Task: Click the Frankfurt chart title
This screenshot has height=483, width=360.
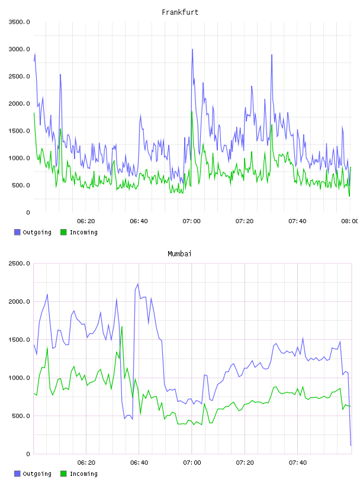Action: point(180,12)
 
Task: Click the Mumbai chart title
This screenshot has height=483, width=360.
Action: point(179,254)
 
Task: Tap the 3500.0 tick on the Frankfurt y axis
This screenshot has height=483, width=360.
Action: point(19,22)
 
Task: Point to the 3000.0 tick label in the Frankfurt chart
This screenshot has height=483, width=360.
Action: point(19,49)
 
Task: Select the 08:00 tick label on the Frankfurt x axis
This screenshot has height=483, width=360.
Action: point(349,221)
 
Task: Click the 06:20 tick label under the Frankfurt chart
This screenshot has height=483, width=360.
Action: point(86,221)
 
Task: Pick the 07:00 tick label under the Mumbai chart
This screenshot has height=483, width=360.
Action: point(192,463)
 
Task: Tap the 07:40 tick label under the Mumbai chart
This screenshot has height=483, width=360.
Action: point(298,463)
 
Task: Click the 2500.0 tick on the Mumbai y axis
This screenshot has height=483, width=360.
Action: point(19,263)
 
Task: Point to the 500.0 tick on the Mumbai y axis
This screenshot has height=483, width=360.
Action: point(21,416)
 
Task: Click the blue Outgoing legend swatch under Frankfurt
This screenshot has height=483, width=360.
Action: point(17,232)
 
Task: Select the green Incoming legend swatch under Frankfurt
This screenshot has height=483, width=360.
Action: point(63,232)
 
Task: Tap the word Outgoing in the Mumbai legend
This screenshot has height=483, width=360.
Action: point(37,474)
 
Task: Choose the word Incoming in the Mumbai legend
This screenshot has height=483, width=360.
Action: point(83,474)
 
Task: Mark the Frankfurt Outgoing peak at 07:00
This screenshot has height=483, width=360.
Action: point(192,49)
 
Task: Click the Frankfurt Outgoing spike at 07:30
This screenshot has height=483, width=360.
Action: point(272,55)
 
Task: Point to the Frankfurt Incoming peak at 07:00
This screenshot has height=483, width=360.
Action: point(192,111)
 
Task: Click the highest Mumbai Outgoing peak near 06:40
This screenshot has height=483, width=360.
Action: point(138,284)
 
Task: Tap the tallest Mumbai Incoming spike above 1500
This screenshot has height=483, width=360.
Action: point(122,327)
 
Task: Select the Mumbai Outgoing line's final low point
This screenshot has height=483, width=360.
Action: point(351,446)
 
